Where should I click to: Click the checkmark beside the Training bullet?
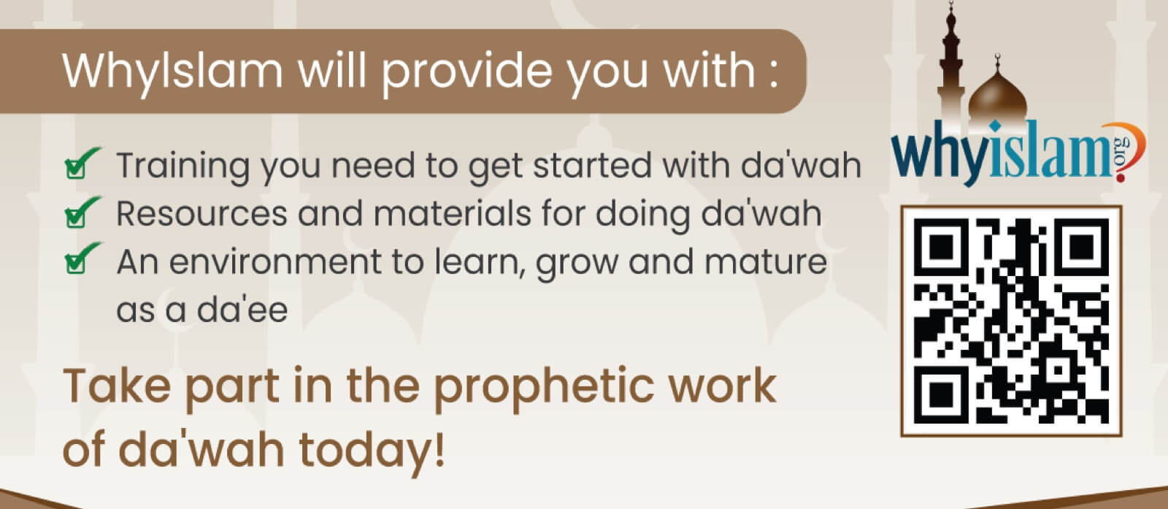82,164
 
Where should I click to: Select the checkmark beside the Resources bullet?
82,213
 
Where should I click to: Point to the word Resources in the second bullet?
201,214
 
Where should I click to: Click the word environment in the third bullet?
275,261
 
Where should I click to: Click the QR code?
1012,321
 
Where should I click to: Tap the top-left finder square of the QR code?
941,245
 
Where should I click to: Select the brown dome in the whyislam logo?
997,99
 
